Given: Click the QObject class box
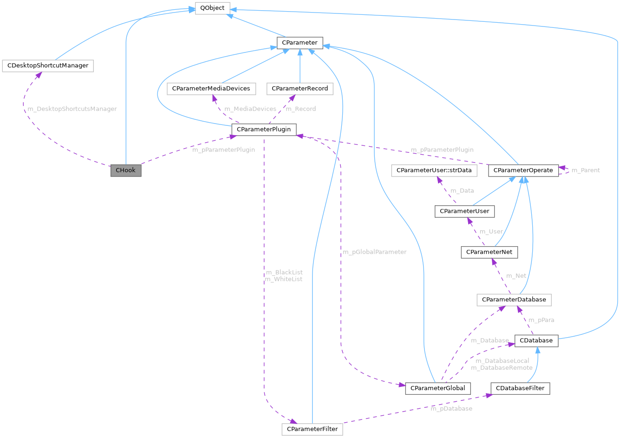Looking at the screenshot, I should tap(212, 8).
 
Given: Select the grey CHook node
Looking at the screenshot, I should tap(125, 170).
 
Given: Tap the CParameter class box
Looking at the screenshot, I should tap(300, 43).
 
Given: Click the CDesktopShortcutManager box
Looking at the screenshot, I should tap(48, 65).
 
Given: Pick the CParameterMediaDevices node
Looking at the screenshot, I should tap(211, 88).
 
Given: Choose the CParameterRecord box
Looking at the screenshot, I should tap(300, 88).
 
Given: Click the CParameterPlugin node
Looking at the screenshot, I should tap(264, 130).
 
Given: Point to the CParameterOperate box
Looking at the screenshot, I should tap(523, 170).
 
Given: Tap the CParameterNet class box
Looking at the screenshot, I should tap(489, 252).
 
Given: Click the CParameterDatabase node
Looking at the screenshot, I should tap(514, 300).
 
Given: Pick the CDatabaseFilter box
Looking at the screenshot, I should tap(520, 388).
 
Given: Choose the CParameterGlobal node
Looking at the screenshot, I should tap(438, 388).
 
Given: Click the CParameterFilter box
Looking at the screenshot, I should tap(312, 429).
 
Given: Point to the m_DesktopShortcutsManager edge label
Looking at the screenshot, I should tap(72, 109).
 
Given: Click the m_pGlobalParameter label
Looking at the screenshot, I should tap(374, 252).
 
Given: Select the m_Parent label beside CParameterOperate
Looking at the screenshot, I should tap(585, 170).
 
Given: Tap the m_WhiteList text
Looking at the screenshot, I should tap(283, 279).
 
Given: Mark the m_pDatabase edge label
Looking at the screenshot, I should tap(451, 409).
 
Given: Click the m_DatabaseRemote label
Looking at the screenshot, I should tap(502, 367).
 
